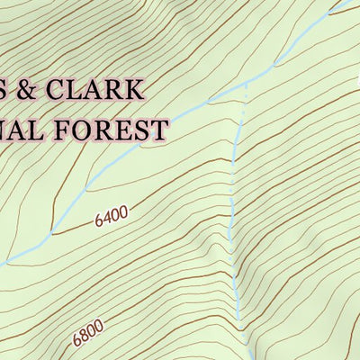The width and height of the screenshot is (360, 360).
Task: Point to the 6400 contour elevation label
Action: pyautogui.click(x=111, y=216)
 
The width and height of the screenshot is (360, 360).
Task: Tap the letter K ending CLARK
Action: pyautogui.click(x=132, y=91)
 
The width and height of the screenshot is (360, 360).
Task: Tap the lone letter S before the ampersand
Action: pyautogui.click(x=4, y=91)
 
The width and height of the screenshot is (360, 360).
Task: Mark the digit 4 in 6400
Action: pyautogui.click(x=106, y=218)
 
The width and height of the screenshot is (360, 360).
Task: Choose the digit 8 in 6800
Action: pyautogui.click(x=84, y=335)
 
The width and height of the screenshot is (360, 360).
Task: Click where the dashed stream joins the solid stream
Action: pyautogui.click(x=245, y=83)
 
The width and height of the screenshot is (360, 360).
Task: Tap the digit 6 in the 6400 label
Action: pyautogui.click(x=97, y=221)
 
